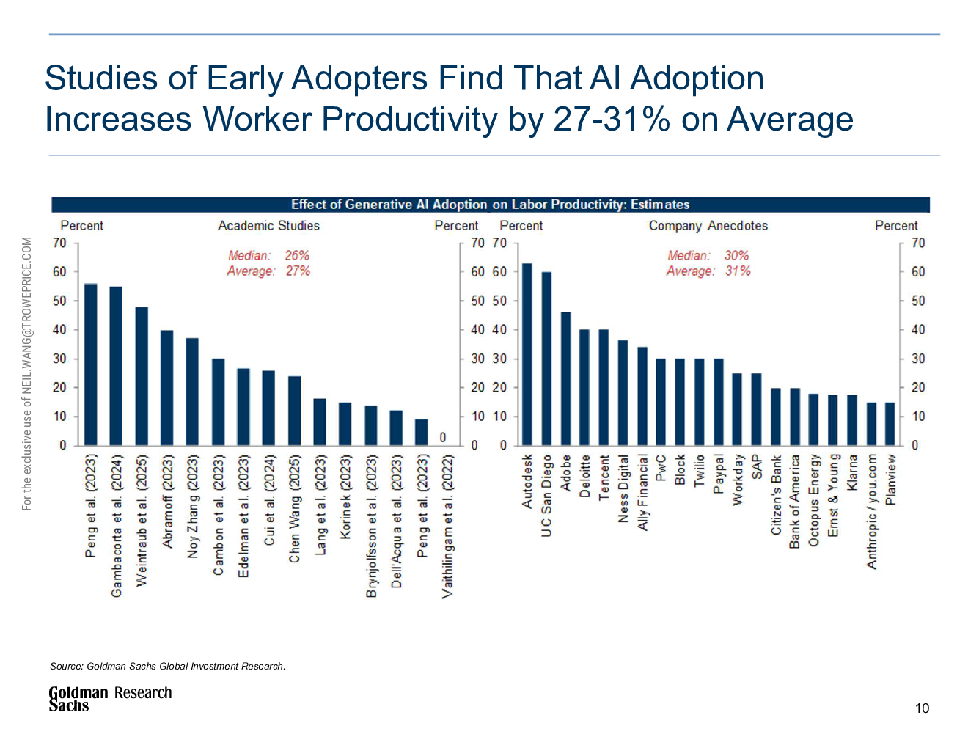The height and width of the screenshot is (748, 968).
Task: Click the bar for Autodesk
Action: tap(527, 354)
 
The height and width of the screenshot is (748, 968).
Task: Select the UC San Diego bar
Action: tap(546, 359)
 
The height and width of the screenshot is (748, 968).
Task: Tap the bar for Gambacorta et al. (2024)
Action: tap(116, 366)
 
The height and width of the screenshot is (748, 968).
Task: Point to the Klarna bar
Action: tap(852, 419)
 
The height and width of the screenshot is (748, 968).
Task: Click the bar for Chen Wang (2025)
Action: tap(294, 411)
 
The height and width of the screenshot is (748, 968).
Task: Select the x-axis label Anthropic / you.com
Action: tap(872, 511)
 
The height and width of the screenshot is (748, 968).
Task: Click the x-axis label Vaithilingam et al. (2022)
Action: tap(447, 527)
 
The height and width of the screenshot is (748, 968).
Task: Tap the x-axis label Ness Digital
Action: tap(623, 489)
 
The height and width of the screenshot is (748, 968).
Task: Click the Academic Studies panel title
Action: tap(268, 226)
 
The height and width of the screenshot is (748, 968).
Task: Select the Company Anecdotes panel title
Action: tap(708, 226)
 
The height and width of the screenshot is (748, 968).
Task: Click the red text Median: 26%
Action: tap(268, 255)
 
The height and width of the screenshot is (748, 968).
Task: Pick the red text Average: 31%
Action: tap(708, 271)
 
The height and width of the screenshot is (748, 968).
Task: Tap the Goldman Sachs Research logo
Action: tap(110, 698)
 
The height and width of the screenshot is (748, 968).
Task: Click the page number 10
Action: tap(922, 708)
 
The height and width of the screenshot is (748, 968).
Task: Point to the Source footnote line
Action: tap(167, 666)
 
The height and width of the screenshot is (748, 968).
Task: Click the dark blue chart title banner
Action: tap(490, 205)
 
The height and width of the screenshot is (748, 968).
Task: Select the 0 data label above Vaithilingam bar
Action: tap(443, 437)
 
